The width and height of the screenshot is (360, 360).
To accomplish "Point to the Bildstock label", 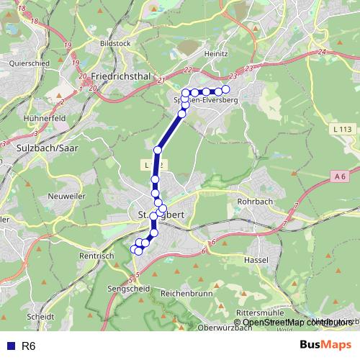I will click(116, 43).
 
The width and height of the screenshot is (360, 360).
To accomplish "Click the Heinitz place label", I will click(215, 53).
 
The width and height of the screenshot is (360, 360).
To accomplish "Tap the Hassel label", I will click(256, 259).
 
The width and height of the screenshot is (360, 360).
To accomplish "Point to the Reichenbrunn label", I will click(185, 294).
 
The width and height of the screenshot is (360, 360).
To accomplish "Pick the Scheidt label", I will click(40, 316).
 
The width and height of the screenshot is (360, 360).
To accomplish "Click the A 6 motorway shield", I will click(341, 175).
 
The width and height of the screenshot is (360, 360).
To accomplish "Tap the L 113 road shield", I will click(344, 129).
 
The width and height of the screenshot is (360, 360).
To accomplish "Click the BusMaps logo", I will click(325, 346).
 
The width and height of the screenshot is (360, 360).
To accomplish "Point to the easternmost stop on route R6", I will click(225, 89).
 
